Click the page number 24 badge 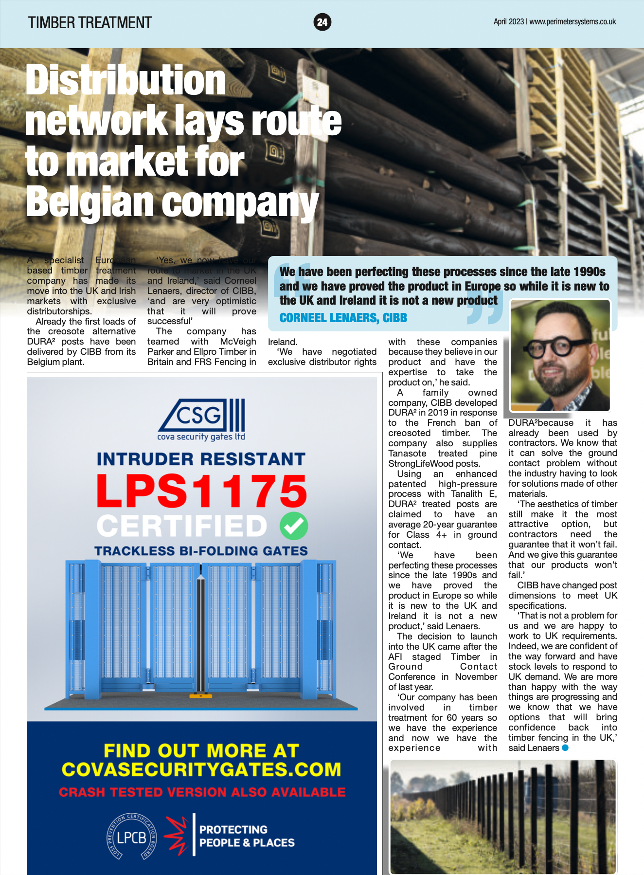tap(322, 22)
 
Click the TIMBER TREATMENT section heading tap(90, 22)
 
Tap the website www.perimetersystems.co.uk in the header tap(572, 21)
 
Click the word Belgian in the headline tap(90, 202)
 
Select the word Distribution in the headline tap(125, 80)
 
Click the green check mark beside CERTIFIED tap(294, 526)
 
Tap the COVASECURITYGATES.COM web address tap(201, 769)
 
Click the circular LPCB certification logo tap(132, 837)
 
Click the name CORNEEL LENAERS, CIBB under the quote tap(343, 318)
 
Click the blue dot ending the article tap(565, 747)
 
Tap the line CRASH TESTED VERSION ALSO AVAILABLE tap(202, 792)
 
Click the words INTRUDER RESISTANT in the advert tap(201, 459)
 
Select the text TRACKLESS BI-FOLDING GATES tap(201, 551)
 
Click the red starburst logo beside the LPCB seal tap(176, 836)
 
